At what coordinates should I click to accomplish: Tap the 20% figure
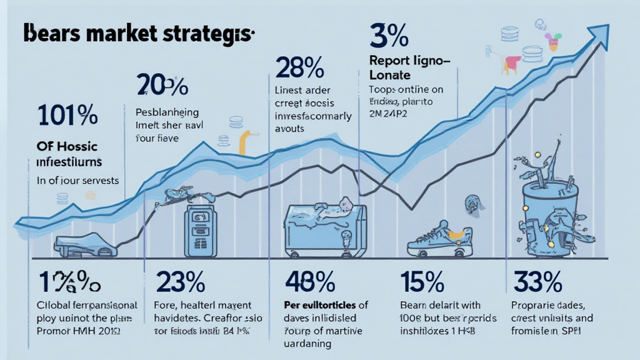pyautogui.click(x=162, y=86)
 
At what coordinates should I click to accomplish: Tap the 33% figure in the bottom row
pyautogui.click(x=537, y=282)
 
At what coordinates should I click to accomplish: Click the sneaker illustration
pyautogui.click(x=438, y=239)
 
